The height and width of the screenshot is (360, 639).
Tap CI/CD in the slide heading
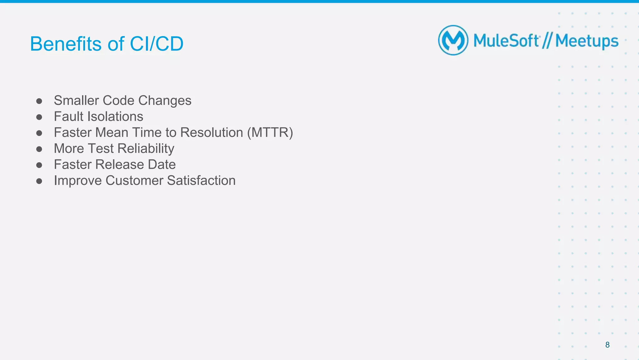[156, 44]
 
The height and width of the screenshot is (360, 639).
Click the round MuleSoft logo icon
[453, 40]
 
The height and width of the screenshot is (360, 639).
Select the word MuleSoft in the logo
[506, 41]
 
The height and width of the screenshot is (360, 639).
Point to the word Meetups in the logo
[587, 42]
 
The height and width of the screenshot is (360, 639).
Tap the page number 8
[607, 345]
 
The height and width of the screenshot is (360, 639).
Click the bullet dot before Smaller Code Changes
[39, 101]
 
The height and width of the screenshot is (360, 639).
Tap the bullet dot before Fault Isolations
[39, 117]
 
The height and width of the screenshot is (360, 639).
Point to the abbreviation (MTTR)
[270, 133]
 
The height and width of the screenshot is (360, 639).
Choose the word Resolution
[212, 132]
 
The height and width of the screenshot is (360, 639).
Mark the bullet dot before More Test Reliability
[39, 149]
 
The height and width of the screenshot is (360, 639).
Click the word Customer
[134, 180]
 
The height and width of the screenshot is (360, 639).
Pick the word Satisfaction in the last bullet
[201, 180]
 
